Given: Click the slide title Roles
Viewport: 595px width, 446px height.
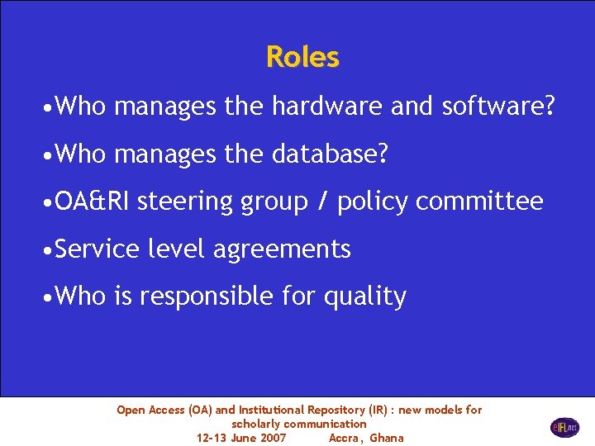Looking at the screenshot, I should (302, 57).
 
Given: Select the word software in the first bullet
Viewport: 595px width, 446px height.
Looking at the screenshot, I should (497, 107).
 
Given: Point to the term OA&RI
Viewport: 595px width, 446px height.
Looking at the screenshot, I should (93, 201).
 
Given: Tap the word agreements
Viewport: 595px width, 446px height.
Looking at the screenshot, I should (282, 249).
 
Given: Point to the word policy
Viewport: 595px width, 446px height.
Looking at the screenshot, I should (373, 202).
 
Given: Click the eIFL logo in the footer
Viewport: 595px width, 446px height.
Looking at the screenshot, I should (565, 427).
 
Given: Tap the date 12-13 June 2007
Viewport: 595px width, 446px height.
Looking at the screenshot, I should (241, 438).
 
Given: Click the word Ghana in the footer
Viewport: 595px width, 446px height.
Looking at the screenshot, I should (387, 438).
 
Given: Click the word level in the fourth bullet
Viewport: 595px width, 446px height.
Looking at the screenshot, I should (176, 249).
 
